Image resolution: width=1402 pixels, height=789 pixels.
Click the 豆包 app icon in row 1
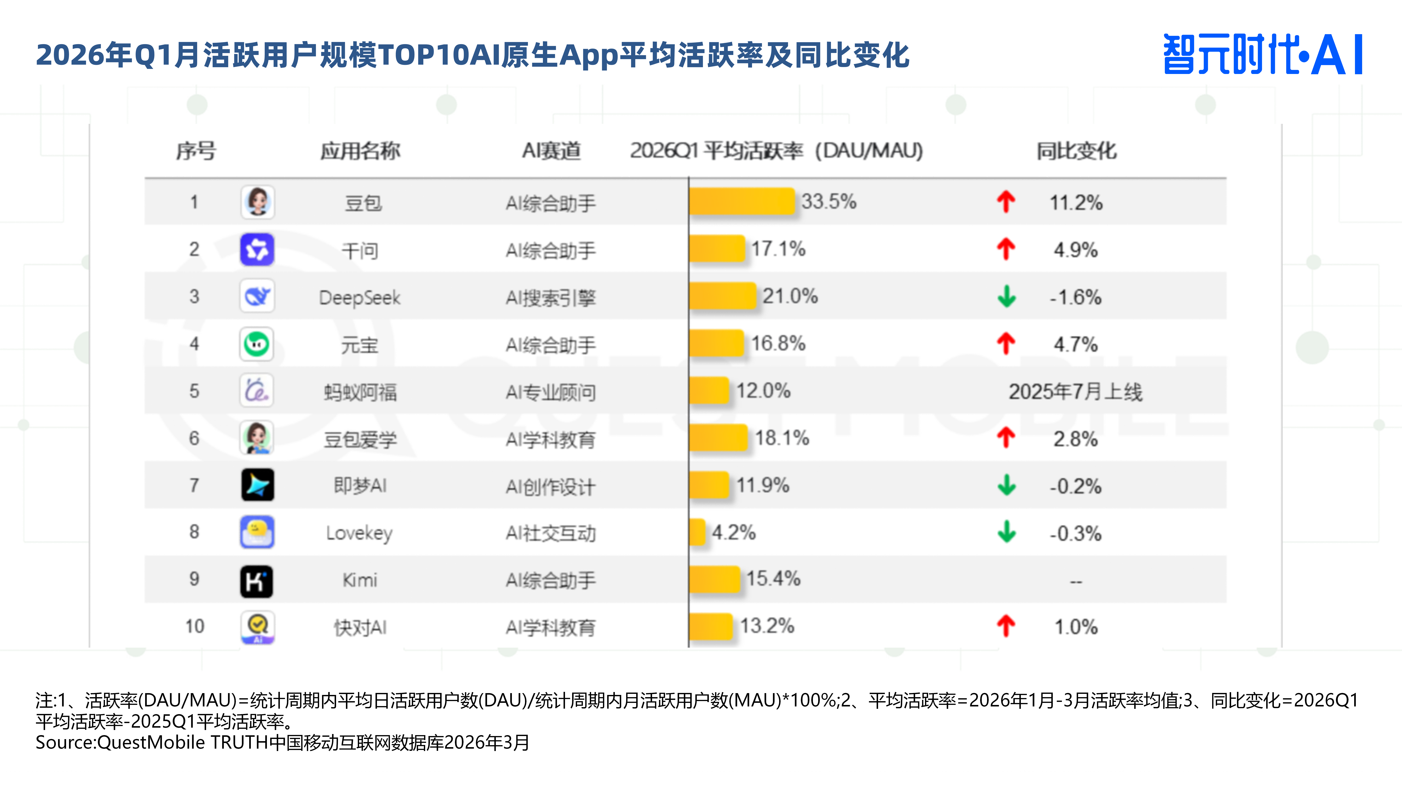(x=257, y=202)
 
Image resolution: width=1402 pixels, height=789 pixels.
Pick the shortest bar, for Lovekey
(x=697, y=532)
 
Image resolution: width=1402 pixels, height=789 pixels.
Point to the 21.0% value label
(x=790, y=296)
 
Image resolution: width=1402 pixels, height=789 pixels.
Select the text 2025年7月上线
(x=1075, y=392)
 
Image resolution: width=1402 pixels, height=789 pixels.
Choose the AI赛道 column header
(x=551, y=151)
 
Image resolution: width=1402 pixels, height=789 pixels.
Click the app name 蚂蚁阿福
(x=360, y=392)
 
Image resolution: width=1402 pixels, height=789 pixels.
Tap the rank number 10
(x=194, y=626)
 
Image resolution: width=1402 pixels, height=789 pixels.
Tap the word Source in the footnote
(x=65, y=742)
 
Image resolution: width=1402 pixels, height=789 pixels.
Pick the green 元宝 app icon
(x=257, y=344)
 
